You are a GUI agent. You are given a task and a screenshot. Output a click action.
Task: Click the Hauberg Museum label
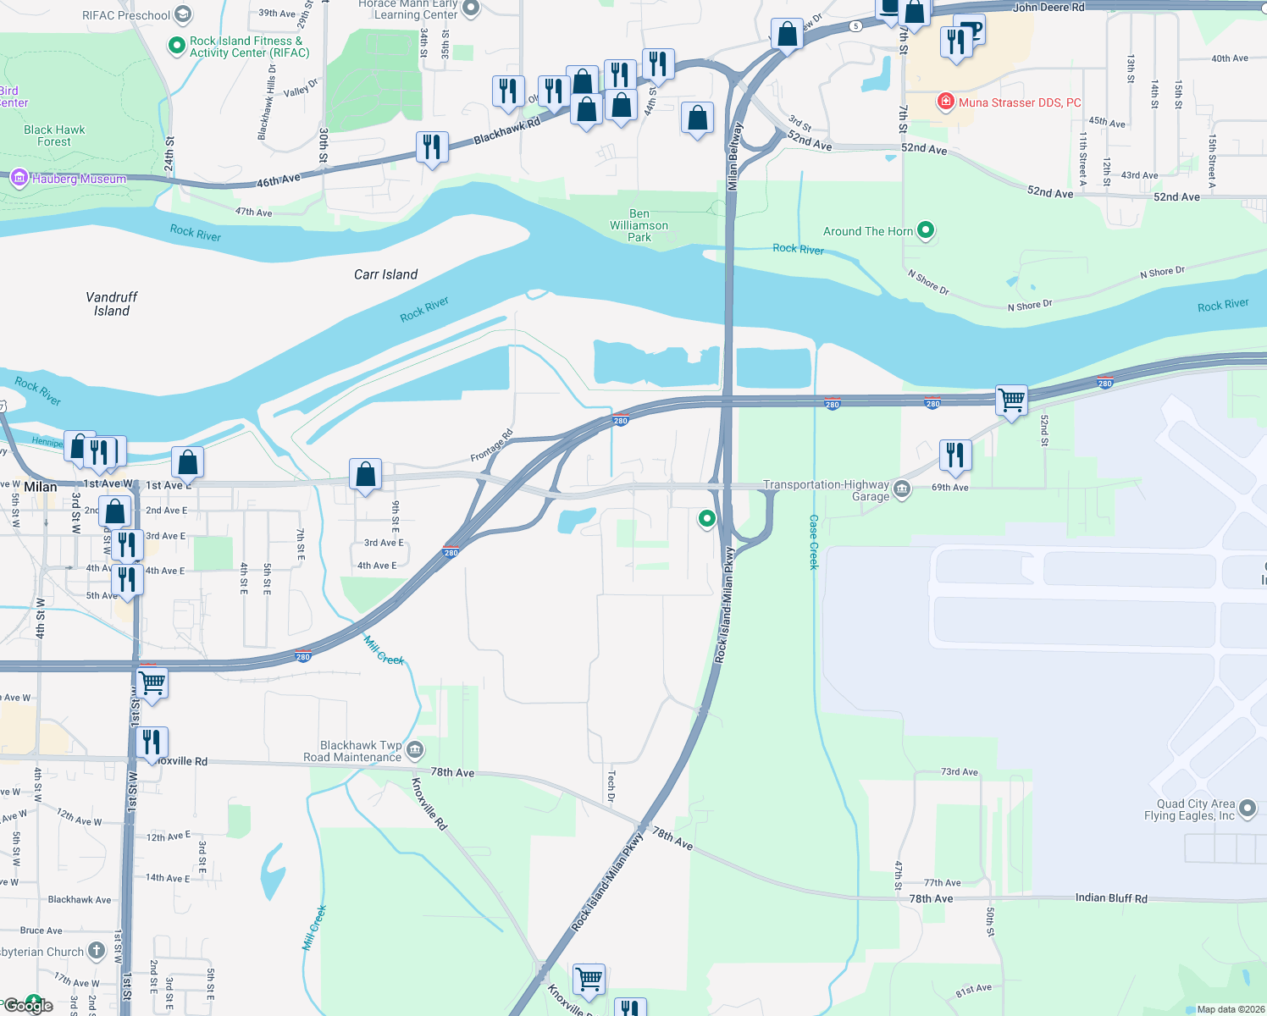79,179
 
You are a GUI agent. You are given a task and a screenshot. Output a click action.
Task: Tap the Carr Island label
385,274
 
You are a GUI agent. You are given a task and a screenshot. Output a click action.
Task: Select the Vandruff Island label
111,304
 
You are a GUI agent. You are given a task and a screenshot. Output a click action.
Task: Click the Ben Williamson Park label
639,226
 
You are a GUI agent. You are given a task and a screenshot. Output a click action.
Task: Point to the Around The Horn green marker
926,229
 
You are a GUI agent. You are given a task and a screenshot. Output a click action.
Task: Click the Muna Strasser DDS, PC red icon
945,102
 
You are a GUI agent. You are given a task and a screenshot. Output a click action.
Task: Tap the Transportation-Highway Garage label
826,490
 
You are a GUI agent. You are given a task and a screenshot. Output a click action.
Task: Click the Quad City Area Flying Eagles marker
1247,809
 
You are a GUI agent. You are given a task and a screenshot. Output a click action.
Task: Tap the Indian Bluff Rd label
1110,897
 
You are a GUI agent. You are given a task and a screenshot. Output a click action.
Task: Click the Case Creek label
814,542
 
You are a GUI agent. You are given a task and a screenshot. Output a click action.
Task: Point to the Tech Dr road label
611,786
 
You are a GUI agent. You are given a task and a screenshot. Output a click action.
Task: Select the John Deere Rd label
1048,8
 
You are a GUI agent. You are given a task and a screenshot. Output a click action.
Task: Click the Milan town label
40,487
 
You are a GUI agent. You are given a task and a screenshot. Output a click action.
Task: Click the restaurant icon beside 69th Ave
954,454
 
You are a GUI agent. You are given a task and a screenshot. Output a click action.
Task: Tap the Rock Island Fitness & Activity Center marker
176,46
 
